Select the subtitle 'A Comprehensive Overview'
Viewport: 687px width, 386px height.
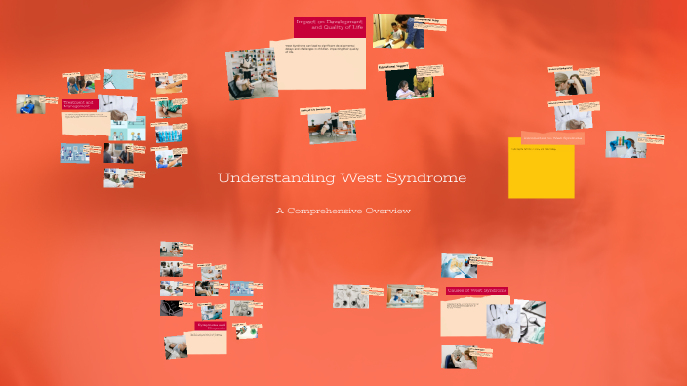tap(343, 211)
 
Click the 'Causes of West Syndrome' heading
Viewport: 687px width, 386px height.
tap(476, 291)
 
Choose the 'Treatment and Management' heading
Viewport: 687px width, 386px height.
tap(78, 104)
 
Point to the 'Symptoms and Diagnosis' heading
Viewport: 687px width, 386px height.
tap(211, 328)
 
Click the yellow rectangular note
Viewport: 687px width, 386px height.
tap(541, 168)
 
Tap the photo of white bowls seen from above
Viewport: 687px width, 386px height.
tap(350, 295)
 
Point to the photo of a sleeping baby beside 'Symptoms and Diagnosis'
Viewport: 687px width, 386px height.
tap(176, 345)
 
